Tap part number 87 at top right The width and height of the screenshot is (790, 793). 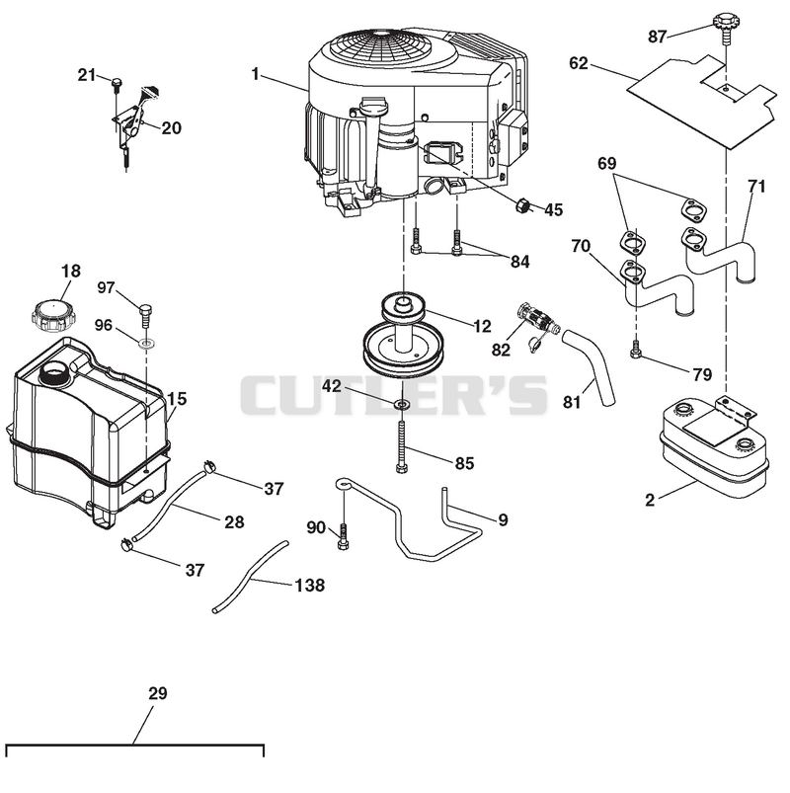tap(658, 37)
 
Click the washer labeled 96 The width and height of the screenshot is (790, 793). tap(148, 345)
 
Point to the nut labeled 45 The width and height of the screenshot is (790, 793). tap(523, 205)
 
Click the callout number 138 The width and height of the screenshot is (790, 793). tap(309, 586)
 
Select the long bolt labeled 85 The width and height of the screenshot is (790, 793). tap(402, 447)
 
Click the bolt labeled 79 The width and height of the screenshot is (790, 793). tap(636, 350)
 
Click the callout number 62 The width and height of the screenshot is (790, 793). tap(579, 63)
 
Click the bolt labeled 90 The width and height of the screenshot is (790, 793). tap(344, 537)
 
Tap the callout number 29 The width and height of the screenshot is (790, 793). tap(158, 693)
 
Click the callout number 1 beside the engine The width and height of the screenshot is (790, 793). tap(256, 74)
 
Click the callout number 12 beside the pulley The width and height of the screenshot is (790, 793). tap(483, 326)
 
